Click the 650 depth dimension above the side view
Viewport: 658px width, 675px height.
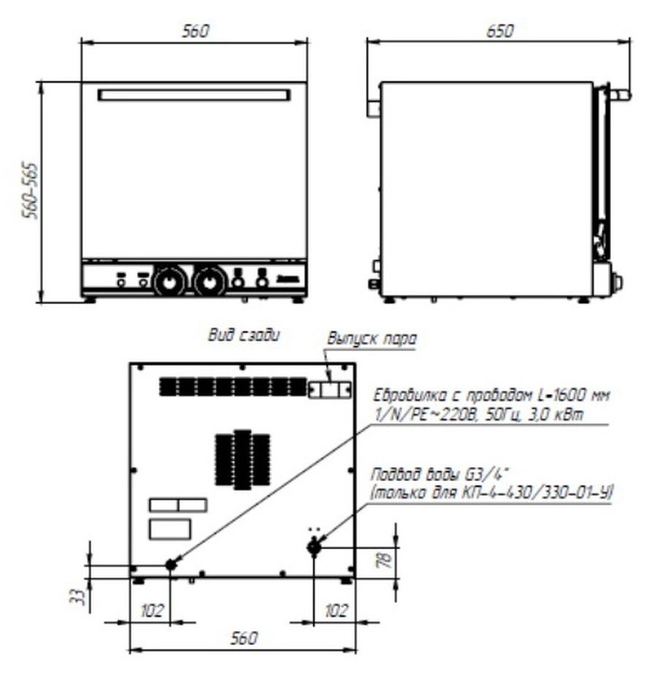(499, 31)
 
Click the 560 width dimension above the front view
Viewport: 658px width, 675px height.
(194, 31)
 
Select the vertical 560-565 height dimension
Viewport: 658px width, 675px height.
(31, 191)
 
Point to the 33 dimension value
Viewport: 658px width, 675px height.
(77, 596)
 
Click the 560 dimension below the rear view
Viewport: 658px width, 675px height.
(243, 638)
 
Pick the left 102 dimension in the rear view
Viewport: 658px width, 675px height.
(152, 611)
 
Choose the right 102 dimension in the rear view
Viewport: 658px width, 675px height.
(336, 611)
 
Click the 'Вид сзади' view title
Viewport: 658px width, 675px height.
(243, 335)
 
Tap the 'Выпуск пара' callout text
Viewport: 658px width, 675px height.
(372, 339)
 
